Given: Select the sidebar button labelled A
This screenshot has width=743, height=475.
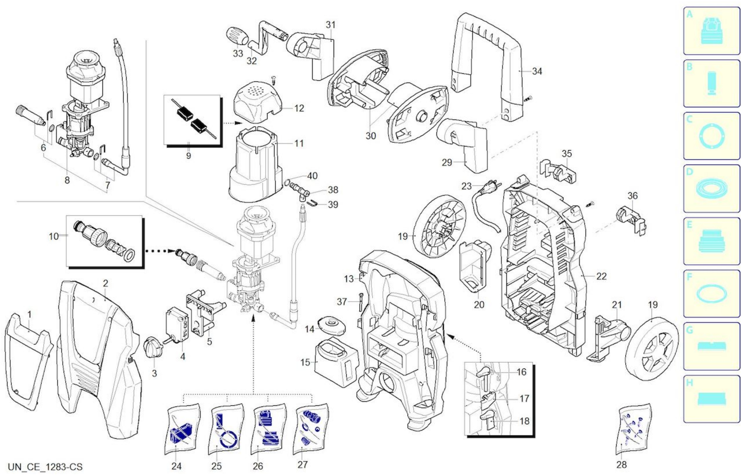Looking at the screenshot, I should coord(712,31).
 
